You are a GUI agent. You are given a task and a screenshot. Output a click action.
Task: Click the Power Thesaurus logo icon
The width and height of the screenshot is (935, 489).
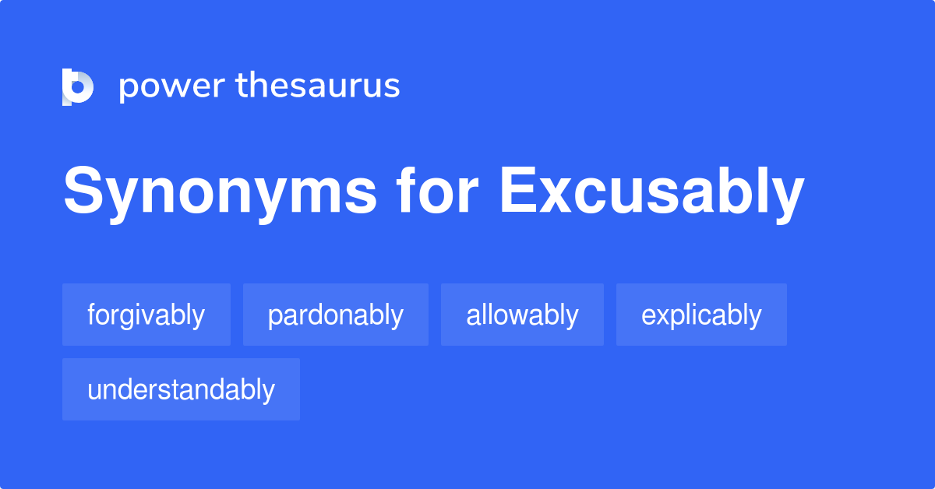(x=77, y=86)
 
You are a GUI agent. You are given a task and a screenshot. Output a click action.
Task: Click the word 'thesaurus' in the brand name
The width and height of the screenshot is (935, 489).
(x=318, y=86)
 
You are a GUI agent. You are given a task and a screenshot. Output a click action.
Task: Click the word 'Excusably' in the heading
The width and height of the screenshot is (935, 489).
(x=651, y=192)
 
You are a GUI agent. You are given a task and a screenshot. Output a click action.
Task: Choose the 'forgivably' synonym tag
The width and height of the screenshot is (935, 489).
(x=146, y=315)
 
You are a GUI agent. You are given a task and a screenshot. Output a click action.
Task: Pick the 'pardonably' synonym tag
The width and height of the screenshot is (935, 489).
(x=335, y=315)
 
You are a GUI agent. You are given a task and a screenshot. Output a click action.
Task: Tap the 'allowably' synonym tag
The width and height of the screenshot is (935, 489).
(x=522, y=315)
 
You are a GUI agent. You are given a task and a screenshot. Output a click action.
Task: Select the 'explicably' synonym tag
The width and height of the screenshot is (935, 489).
(x=701, y=315)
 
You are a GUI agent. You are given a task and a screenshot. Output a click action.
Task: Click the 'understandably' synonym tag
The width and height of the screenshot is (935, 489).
(x=181, y=389)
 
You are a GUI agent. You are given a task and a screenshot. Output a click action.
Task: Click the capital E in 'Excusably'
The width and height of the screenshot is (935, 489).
(x=517, y=192)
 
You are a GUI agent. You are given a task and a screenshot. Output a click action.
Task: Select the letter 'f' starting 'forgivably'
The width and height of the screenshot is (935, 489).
(x=91, y=315)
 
